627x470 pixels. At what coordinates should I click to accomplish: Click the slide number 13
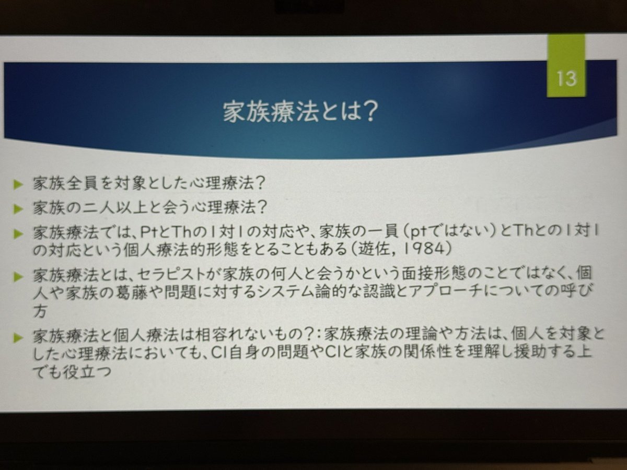pos(567,78)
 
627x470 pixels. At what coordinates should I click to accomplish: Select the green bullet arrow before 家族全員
pos(18,184)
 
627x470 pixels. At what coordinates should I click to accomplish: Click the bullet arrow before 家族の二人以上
pos(18,209)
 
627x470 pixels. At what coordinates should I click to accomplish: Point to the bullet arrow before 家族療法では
pos(18,234)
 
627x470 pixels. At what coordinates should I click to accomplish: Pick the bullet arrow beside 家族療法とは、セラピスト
pos(18,276)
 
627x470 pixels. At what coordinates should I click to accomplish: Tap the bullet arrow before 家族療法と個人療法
pos(18,337)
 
